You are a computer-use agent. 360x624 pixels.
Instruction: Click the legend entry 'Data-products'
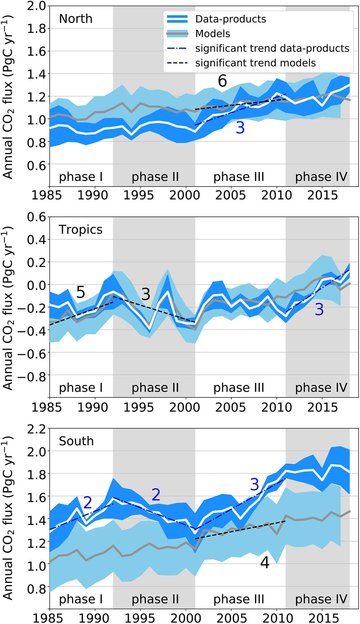[x=230, y=19]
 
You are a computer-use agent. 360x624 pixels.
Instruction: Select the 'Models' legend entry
[x=212, y=34]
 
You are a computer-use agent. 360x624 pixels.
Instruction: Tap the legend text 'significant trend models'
[x=255, y=63]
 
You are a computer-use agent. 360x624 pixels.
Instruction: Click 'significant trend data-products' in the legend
[x=272, y=48]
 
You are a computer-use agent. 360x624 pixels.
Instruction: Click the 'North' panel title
[x=76, y=19]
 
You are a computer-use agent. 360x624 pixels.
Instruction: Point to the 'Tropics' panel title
[x=80, y=230]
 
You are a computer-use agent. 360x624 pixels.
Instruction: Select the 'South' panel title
[x=76, y=441]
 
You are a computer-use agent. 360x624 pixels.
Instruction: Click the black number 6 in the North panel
[x=222, y=81]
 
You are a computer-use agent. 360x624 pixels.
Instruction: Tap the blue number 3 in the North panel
[x=240, y=128]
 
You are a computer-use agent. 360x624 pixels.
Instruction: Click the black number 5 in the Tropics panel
[x=80, y=292]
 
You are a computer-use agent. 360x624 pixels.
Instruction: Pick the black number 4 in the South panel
[x=265, y=563]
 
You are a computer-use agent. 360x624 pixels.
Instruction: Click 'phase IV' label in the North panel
[x=321, y=177]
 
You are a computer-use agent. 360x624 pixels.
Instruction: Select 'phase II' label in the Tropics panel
[x=155, y=388]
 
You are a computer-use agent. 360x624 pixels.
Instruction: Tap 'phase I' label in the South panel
[x=81, y=599]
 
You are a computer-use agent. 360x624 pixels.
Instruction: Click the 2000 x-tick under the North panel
[x=185, y=195]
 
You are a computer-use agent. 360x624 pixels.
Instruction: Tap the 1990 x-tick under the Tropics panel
[x=92, y=407]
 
